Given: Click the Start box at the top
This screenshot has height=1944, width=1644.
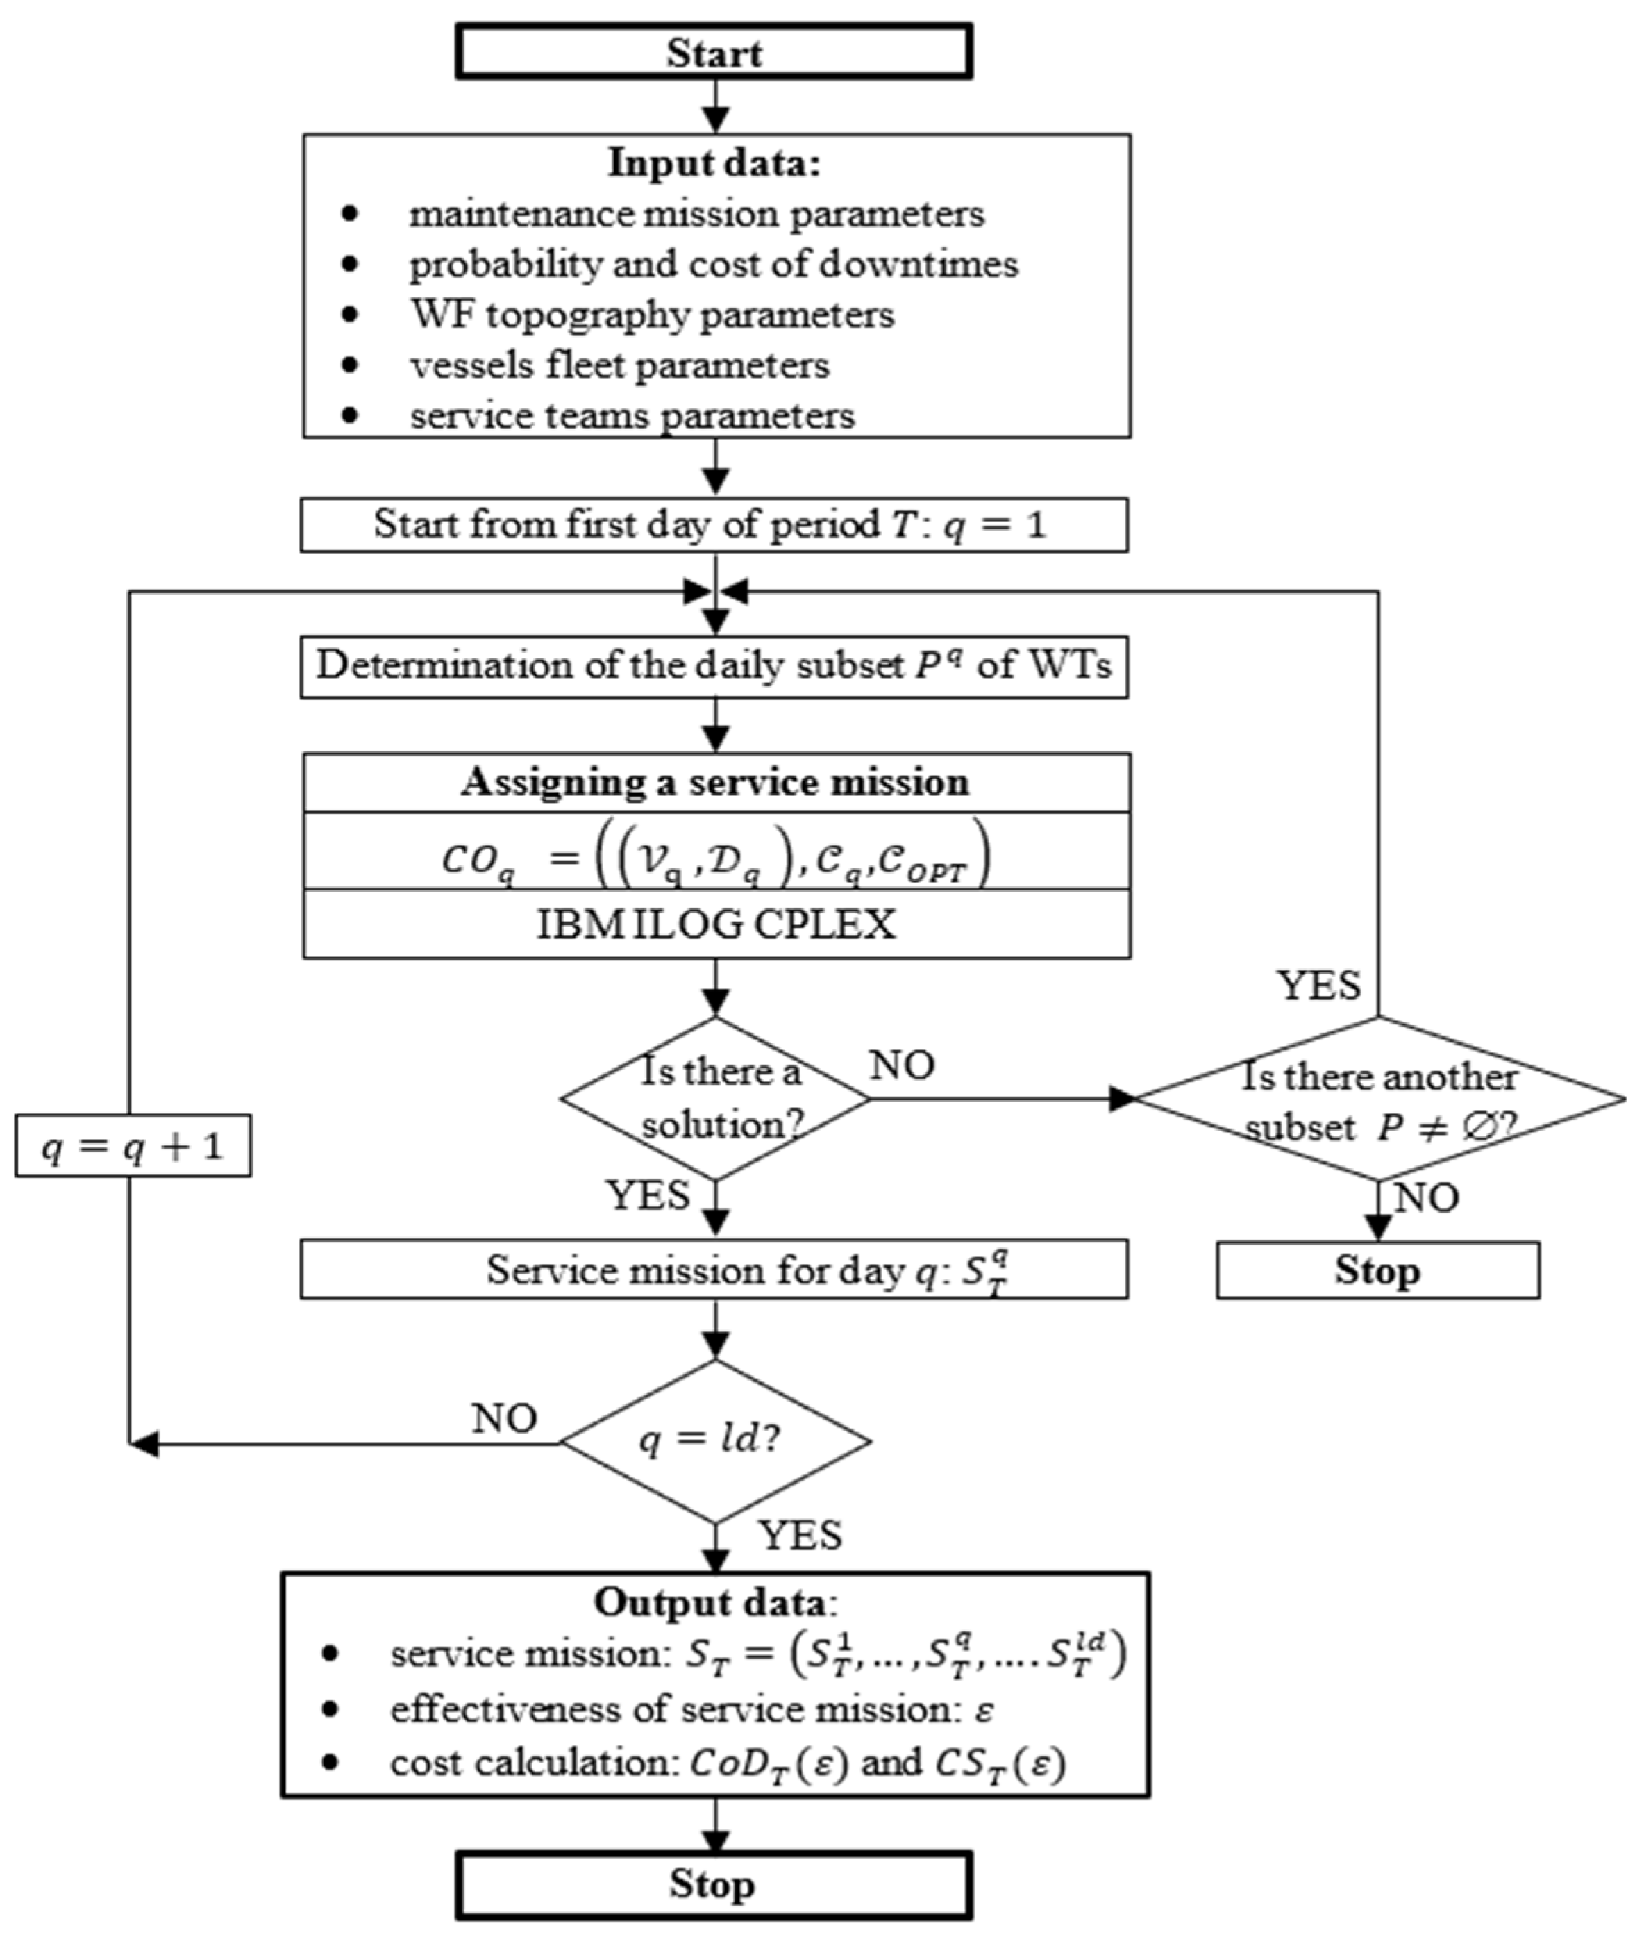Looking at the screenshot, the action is (714, 51).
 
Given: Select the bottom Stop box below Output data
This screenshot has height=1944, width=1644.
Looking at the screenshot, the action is (714, 1884).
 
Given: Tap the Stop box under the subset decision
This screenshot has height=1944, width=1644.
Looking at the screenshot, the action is (1377, 1270).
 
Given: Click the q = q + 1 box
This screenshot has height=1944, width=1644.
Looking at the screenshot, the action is (133, 1145).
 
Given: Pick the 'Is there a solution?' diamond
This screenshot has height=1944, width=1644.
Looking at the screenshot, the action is (716, 1098).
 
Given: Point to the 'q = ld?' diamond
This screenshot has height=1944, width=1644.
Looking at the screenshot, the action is (716, 1441).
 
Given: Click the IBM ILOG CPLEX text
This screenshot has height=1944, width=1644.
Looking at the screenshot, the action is (716, 924).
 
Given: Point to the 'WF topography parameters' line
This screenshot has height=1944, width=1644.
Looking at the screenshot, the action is (653, 314).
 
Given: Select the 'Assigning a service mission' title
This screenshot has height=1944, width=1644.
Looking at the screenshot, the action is (716, 781).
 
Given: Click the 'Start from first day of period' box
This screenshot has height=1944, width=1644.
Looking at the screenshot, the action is (714, 525).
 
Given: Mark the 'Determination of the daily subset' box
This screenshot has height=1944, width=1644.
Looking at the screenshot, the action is (714, 666).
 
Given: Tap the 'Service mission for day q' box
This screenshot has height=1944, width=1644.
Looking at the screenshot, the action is (714, 1270).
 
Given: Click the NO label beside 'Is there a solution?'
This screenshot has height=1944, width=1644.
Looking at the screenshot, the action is (902, 1065).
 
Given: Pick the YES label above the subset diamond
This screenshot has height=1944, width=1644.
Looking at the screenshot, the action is (1319, 986).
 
